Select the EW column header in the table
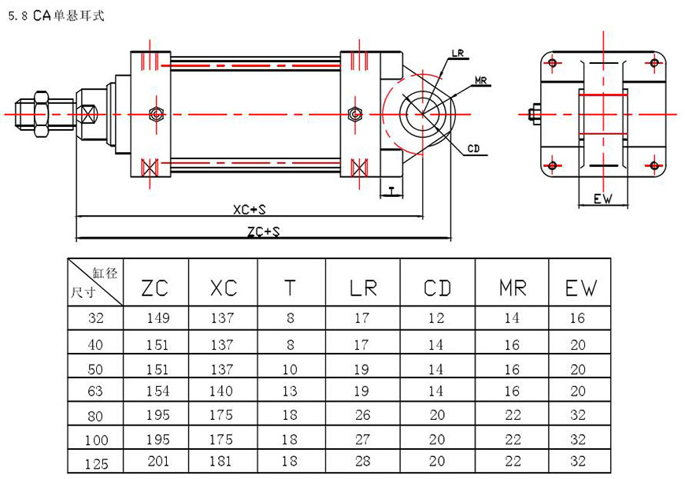pyautogui.click(x=581, y=288)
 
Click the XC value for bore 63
pyautogui.click(x=224, y=391)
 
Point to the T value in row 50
pyautogui.click(x=291, y=368)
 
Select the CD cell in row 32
pyautogui.click(x=435, y=319)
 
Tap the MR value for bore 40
pyautogui.click(x=513, y=344)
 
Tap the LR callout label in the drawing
pyautogui.click(x=458, y=54)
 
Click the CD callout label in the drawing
pyautogui.click(x=473, y=148)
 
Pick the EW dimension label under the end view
pyautogui.click(x=603, y=200)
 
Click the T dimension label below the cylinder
pyautogui.click(x=392, y=189)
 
